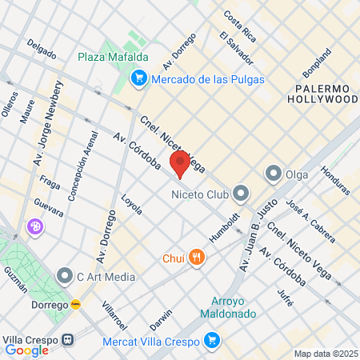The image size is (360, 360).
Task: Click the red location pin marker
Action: click(x=180, y=163)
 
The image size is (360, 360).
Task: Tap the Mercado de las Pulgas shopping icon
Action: click(x=139, y=78)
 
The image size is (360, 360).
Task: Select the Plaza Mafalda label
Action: click(x=113, y=58)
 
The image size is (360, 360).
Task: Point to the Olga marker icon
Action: click(x=274, y=173)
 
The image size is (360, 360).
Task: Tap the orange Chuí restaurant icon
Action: click(x=198, y=258)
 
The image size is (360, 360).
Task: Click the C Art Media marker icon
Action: click(x=65, y=277)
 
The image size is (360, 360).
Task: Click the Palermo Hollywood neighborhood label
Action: click(x=326, y=94)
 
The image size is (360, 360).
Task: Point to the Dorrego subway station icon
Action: click(x=75, y=304)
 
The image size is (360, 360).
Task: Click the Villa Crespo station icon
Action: click(x=70, y=338)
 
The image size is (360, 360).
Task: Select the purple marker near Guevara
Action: click(x=35, y=227)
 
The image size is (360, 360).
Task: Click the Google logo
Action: click(x=26, y=350)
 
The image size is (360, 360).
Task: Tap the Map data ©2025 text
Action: click(x=325, y=354)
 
